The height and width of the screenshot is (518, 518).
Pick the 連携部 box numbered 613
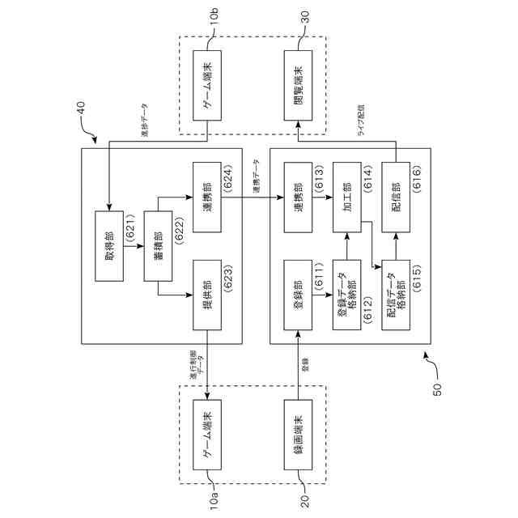coord(299,198)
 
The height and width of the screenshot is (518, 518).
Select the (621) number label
coord(130,246)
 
